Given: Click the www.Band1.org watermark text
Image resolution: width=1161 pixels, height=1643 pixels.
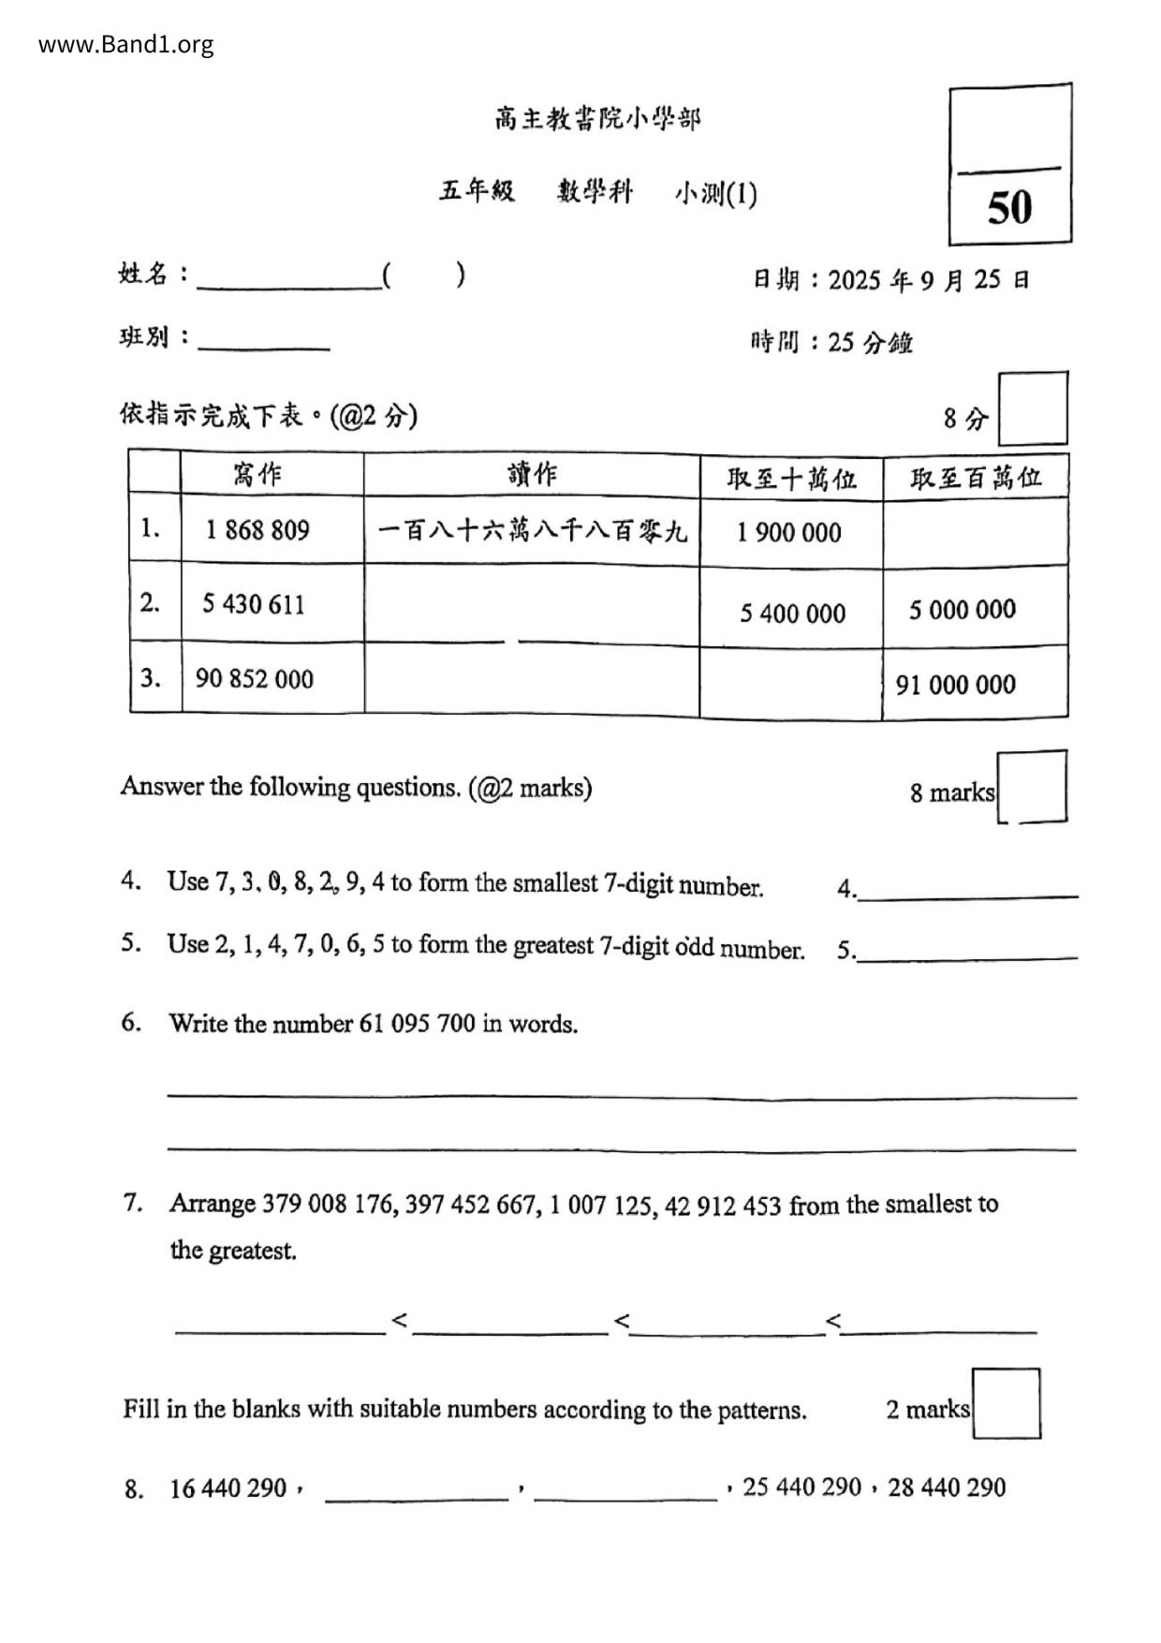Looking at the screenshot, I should coord(125,44).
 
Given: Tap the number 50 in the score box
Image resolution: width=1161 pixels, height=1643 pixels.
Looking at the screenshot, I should coord(1009,207).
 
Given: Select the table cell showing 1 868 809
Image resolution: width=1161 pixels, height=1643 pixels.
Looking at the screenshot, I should coord(257,530).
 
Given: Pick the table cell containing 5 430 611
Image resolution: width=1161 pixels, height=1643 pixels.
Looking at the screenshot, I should coord(254,604).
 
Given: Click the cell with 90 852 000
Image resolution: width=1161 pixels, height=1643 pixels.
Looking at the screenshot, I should coord(255,678).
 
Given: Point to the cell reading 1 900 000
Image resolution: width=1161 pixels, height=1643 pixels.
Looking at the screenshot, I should coord(789,533).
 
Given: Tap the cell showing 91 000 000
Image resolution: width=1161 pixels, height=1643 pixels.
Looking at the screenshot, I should coord(955,685).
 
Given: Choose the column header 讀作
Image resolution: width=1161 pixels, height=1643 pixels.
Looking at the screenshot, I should coord(532,475).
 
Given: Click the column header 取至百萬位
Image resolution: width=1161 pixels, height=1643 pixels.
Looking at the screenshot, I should coord(976,478).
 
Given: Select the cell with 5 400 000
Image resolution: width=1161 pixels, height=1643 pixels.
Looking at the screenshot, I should coord(792,614).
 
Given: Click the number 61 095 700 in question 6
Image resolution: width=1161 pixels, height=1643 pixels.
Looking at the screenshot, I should coord(417,1023).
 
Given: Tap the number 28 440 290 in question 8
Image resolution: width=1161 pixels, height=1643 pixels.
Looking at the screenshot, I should coord(947,1488).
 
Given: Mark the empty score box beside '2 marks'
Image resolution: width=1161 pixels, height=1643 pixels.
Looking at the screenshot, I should coord(1006,1403).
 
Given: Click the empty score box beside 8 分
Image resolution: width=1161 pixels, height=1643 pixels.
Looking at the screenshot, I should coord(1033,409).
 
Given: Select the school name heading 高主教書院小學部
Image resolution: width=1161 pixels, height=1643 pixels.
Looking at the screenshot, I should coord(597,119).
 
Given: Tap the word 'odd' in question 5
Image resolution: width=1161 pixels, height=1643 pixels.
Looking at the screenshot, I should coord(695,947).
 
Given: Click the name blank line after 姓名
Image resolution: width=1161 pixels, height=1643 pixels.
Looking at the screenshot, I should coord(288,278).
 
